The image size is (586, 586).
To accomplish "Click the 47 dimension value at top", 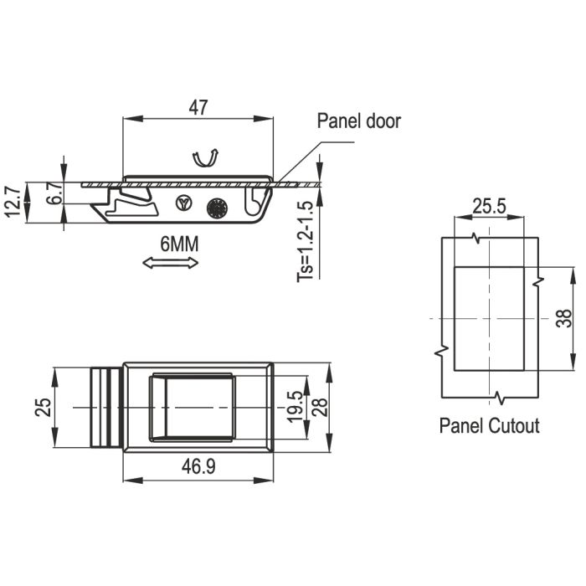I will [x=198, y=107].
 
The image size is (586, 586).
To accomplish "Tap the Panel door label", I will [x=358, y=121].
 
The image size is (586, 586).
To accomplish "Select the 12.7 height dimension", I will [x=11, y=202].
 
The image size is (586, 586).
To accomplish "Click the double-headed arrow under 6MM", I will [x=171, y=263].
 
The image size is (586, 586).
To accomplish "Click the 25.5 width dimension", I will [x=488, y=206].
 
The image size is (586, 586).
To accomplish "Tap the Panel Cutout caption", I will [x=489, y=426].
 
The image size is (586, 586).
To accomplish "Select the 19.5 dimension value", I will [x=294, y=407].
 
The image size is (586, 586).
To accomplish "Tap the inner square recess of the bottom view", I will [x=198, y=407].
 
